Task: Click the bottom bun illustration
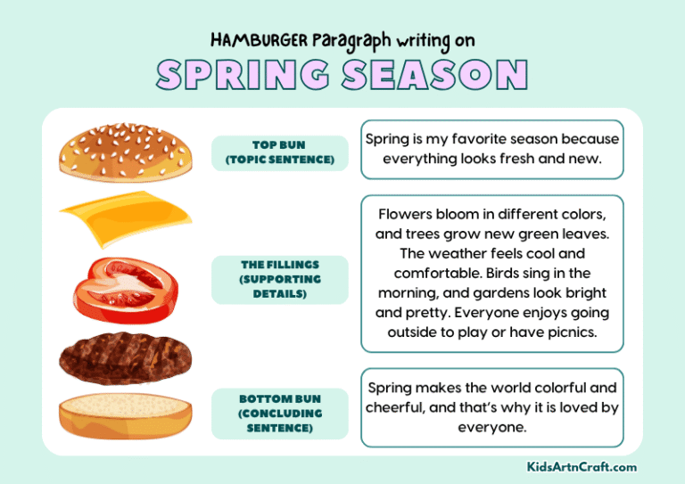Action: pyautogui.click(x=125, y=414)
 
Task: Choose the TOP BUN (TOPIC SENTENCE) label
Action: pyautogui.click(x=279, y=152)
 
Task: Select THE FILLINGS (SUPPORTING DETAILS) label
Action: pyautogui.click(x=279, y=279)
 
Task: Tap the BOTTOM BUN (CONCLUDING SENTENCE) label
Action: pyautogui.click(x=279, y=414)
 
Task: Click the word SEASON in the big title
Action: pyautogui.click(x=436, y=76)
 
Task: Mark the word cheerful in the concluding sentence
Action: pyautogui.click(x=400, y=408)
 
